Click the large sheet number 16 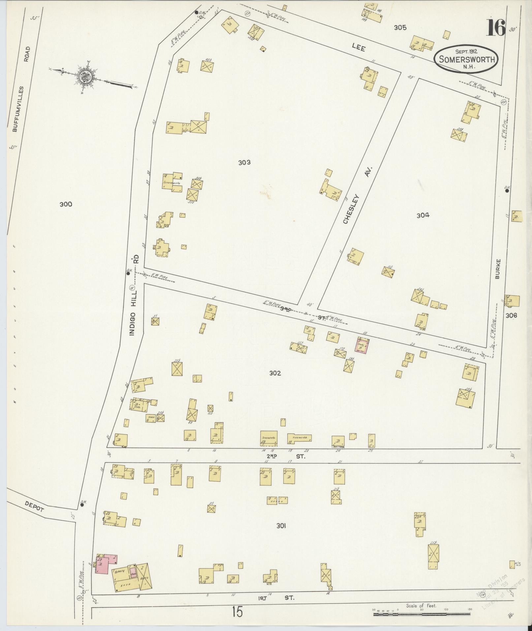495,28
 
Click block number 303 244,162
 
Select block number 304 423,215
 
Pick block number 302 275,373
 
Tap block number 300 66,204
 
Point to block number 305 400,28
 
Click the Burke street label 498,269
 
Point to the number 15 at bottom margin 237,612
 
